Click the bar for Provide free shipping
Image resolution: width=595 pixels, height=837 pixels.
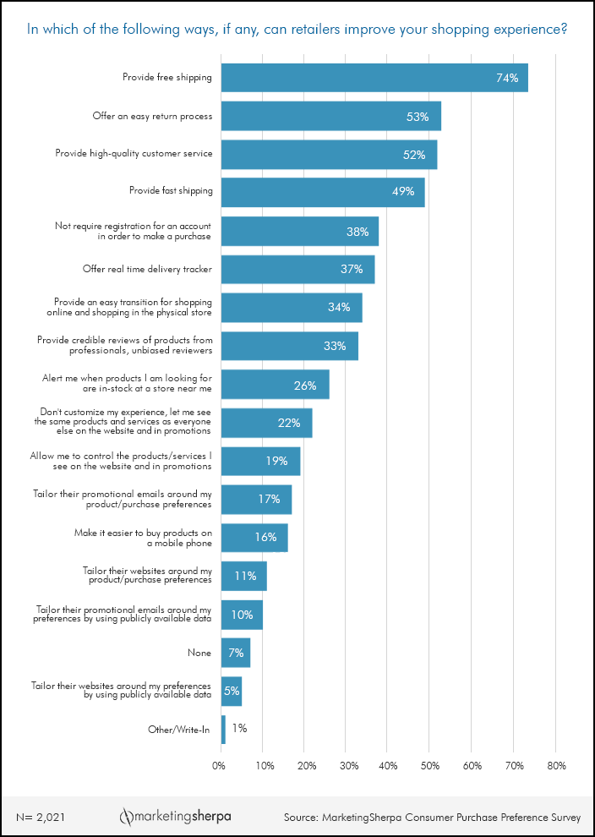click(374, 78)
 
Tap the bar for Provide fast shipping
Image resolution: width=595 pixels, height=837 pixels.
click(323, 192)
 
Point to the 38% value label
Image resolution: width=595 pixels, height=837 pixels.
click(356, 231)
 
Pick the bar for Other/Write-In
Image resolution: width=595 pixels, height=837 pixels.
click(223, 730)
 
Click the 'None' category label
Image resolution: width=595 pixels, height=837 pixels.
click(199, 653)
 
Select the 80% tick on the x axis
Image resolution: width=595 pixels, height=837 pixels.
click(555, 766)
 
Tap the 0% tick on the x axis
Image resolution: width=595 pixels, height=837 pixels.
click(219, 766)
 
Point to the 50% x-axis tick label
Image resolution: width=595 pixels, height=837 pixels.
click(429, 766)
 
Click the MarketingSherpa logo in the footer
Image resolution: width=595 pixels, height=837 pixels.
click(175, 817)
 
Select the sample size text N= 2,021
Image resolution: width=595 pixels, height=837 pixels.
click(41, 818)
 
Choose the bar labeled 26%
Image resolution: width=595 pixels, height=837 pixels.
click(276, 386)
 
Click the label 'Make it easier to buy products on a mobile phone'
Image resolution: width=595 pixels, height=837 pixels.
click(145, 538)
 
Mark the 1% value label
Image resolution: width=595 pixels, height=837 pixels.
click(239, 729)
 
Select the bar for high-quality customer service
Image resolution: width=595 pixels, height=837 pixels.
click(329, 155)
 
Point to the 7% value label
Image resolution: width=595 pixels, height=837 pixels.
click(236, 653)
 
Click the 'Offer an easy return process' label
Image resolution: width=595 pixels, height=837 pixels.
click(152, 116)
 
